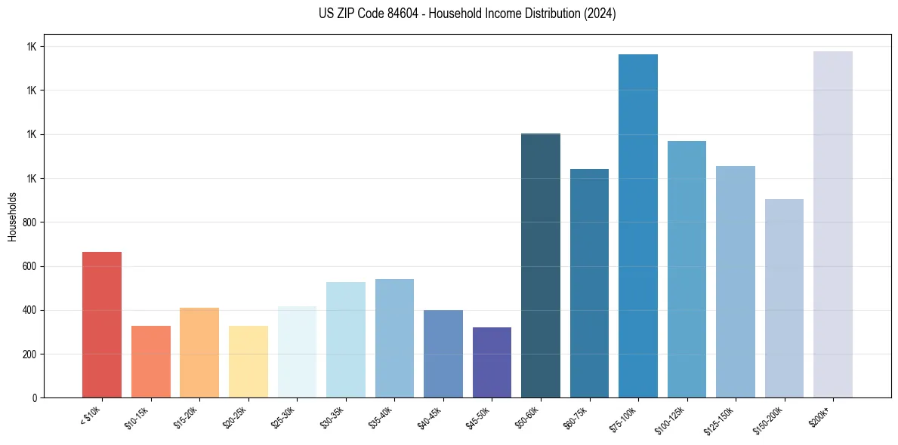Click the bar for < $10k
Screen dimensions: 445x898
[x=102, y=324]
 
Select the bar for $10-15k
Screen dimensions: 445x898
[x=151, y=361]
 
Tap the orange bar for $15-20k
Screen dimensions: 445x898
[x=199, y=352]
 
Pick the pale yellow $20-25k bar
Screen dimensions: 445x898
[x=248, y=361]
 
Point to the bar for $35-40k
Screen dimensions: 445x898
[x=394, y=338]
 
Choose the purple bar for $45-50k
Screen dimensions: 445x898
[x=492, y=362]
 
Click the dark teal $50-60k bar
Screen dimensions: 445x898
[x=541, y=265]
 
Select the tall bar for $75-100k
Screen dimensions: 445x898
[x=638, y=226]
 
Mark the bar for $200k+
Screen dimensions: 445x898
[x=833, y=224]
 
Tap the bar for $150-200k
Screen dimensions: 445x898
[x=784, y=298]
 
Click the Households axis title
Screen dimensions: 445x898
[x=12, y=216]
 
